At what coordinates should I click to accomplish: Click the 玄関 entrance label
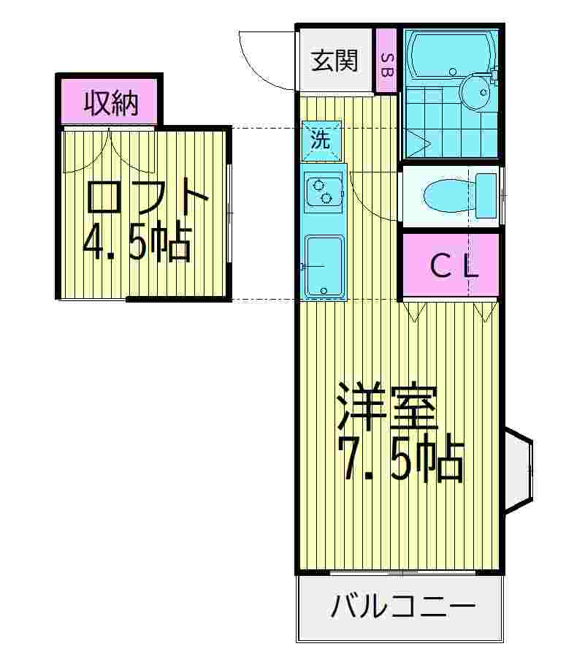[x=335, y=61]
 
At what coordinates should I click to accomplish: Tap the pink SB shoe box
[x=386, y=61]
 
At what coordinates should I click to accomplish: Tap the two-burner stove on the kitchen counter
[x=322, y=191]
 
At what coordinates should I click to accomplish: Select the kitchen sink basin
[x=324, y=265]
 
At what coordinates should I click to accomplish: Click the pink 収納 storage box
[x=110, y=103]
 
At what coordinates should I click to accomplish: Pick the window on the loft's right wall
[x=229, y=211]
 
